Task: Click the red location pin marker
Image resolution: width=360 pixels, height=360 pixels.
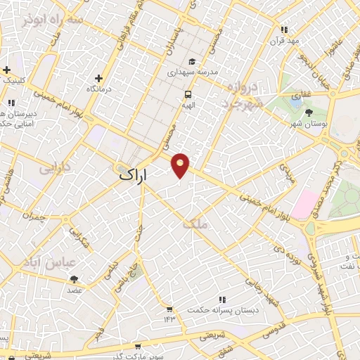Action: coord(181,165)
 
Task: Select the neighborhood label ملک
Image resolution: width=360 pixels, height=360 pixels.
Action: coord(195,224)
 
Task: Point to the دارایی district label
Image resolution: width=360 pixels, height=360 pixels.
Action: coord(54,168)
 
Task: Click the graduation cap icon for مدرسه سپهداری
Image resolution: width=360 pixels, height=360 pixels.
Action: coord(193,61)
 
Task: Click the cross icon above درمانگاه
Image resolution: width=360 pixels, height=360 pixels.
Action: coord(99,78)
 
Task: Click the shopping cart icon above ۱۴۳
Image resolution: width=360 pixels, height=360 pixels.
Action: coord(169,309)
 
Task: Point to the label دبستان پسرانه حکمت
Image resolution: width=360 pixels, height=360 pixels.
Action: coord(223,309)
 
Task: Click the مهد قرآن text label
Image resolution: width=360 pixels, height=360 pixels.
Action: coord(284,41)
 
